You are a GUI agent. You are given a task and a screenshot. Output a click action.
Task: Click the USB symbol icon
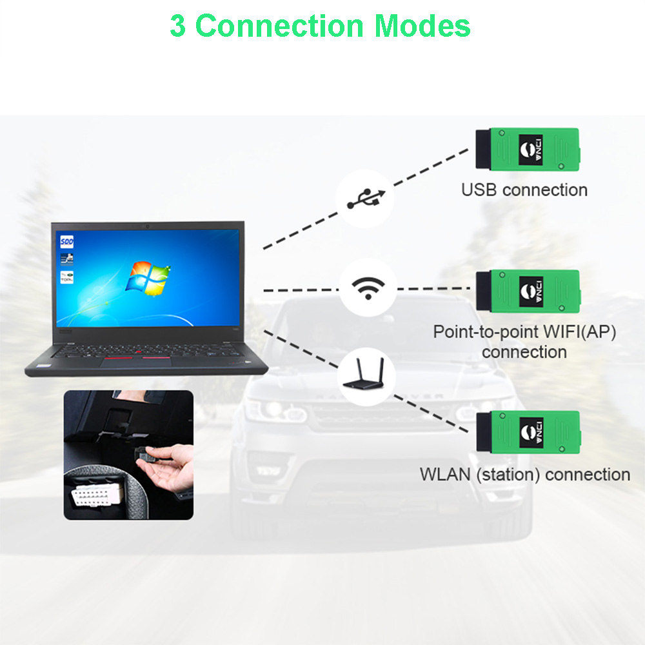tap(366, 199)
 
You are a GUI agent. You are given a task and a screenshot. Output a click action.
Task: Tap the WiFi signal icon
tap(368, 288)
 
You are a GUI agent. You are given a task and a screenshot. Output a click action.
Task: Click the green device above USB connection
tap(528, 150)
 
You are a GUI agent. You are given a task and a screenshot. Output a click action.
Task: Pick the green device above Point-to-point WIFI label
tap(528, 292)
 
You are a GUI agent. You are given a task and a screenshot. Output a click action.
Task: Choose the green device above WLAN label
tap(528, 432)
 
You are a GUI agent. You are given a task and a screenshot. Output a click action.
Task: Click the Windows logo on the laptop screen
tap(148, 278)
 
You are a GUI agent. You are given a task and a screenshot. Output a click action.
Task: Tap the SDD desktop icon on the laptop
tap(66, 241)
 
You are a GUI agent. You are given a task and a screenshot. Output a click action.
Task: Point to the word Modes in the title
tap(422, 26)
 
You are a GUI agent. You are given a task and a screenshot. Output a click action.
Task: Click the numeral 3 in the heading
tap(178, 26)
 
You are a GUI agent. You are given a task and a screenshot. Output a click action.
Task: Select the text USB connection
tap(524, 190)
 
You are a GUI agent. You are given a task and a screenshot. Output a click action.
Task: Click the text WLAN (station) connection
tap(525, 474)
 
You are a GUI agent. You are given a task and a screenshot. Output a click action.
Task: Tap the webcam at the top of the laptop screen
tap(147, 226)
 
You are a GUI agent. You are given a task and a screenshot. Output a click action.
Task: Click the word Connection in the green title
tap(279, 26)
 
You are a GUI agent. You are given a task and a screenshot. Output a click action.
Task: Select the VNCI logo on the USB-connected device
tap(531, 150)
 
